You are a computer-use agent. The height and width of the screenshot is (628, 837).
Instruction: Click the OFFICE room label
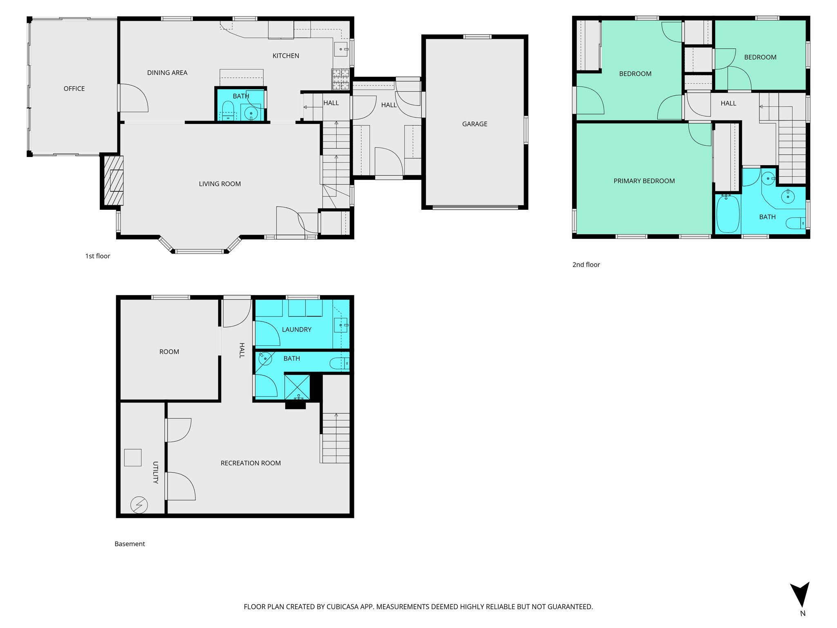point(74,89)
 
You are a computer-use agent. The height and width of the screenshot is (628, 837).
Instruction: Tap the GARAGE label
point(474,124)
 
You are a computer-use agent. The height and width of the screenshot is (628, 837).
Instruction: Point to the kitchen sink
point(341,49)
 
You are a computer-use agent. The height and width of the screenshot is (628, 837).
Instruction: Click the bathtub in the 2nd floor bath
point(728,214)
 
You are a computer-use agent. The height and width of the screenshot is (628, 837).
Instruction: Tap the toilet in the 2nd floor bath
point(796,223)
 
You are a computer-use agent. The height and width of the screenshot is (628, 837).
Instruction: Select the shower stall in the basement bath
point(297,386)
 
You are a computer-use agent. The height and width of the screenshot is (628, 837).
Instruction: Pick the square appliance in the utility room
point(132,458)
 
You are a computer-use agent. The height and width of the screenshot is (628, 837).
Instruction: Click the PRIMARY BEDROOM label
point(644,181)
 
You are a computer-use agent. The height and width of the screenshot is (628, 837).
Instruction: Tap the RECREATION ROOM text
point(251,463)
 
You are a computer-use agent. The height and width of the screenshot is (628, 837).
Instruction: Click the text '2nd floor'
point(586,265)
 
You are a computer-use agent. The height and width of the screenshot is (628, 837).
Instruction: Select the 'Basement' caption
point(130,544)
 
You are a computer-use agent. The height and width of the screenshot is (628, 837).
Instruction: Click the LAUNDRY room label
point(296,330)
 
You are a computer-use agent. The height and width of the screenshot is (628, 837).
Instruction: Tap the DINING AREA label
point(167,73)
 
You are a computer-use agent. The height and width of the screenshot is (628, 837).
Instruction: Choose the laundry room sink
point(340,325)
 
